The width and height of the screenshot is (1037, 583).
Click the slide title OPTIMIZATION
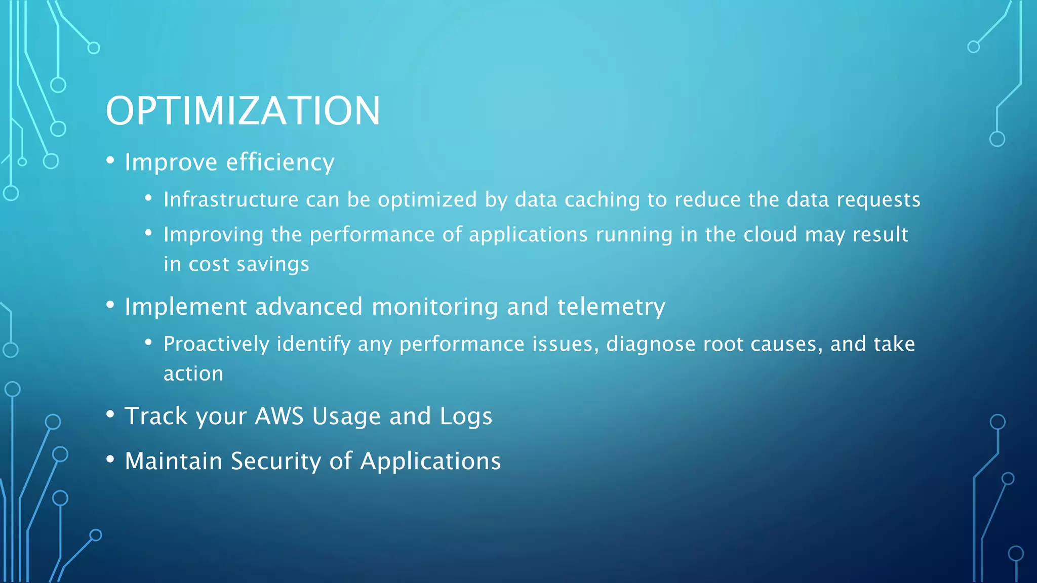click(x=243, y=111)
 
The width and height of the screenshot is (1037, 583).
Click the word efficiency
click(x=280, y=162)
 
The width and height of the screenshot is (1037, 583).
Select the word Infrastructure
click(x=231, y=199)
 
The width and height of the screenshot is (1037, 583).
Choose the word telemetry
click(x=611, y=307)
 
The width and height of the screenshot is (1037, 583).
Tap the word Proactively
click(x=216, y=344)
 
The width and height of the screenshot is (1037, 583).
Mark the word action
click(x=193, y=373)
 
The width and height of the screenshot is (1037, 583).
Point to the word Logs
click(x=465, y=416)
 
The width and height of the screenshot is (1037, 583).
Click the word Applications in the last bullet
click(x=430, y=461)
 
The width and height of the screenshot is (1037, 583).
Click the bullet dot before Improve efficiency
click(x=110, y=161)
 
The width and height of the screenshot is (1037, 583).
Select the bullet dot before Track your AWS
click(x=110, y=414)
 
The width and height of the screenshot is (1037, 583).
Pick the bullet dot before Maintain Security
click(x=110, y=460)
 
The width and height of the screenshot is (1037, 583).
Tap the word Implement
click(x=186, y=307)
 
